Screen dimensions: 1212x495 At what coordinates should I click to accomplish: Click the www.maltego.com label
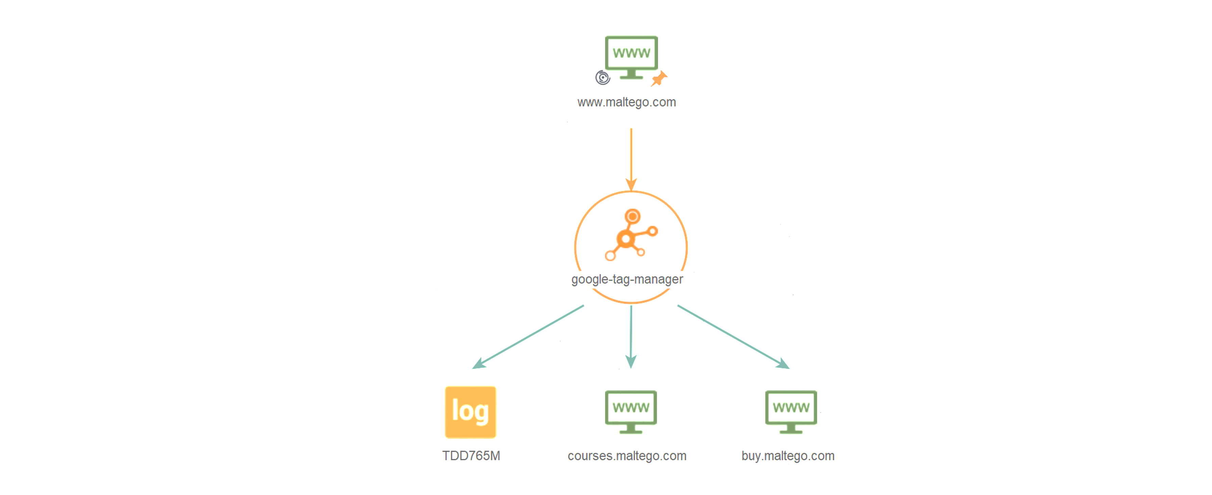[626, 102]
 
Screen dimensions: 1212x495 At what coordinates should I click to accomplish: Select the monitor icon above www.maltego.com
[631, 57]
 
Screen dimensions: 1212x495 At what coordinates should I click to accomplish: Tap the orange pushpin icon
[659, 78]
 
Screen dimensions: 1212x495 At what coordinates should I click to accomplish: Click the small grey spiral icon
[603, 77]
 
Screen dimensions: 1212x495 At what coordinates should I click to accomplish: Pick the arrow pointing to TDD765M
[528, 337]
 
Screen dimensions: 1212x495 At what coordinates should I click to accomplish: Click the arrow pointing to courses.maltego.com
[631, 337]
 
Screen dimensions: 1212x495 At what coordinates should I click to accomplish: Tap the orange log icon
[471, 412]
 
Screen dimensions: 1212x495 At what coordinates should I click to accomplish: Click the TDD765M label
[471, 456]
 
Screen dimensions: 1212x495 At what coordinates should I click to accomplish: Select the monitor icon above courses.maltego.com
[631, 412]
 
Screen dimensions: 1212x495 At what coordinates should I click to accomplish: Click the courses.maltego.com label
[627, 456]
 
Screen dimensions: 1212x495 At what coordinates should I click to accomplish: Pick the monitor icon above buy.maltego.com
[791, 412]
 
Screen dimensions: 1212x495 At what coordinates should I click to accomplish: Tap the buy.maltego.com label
[788, 456]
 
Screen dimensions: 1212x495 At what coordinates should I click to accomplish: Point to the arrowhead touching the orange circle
[631, 184]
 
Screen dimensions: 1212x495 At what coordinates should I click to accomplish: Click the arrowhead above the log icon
[479, 364]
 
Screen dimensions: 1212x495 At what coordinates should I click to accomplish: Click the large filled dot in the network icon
[626, 239]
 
